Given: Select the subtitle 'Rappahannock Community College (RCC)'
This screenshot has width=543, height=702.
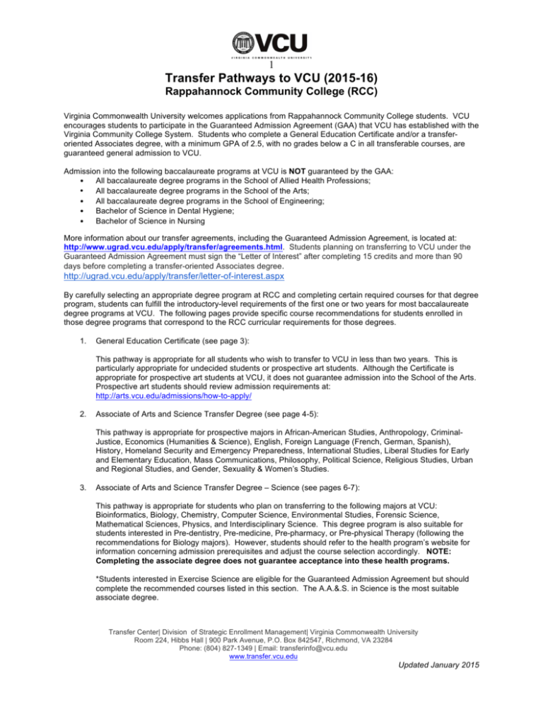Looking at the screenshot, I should click(271, 94).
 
